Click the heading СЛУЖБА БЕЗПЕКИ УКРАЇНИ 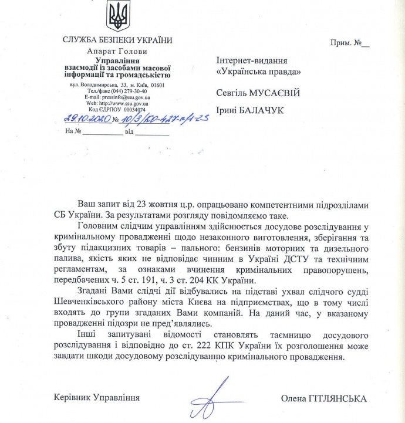pyautogui.click(x=117, y=40)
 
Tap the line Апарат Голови pyautogui.click(x=117, y=50)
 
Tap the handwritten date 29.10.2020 pyautogui.click(x=87, y=119)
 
